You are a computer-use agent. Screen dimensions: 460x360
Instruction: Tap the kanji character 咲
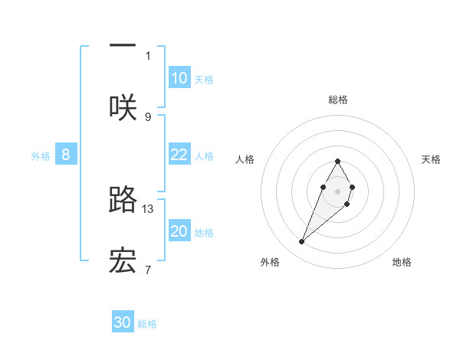point(123,107)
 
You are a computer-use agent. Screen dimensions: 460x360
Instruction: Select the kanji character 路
point(123,199)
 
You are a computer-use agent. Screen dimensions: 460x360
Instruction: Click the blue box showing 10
point(179,78)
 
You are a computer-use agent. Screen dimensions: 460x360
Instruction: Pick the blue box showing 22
point(179,155)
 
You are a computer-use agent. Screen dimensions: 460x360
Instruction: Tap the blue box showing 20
point(179,231)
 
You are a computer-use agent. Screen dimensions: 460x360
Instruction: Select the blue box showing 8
point(66,155)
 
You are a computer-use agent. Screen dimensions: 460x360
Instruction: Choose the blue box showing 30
point(123,322)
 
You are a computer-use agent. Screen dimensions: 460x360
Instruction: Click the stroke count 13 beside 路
point(148,208)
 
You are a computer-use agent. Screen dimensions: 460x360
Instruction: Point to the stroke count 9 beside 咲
point(148,116)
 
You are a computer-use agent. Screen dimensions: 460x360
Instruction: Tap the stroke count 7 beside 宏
point(148,270)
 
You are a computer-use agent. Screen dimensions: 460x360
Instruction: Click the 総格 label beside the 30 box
point(147,324)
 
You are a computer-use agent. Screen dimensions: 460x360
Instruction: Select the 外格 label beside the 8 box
point(41,156)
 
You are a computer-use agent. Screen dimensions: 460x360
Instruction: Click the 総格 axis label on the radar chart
point(337,100)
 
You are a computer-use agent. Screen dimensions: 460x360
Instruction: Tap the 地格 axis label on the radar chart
point(402,262)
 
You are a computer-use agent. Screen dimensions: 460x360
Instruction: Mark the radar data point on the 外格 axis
point(301,242)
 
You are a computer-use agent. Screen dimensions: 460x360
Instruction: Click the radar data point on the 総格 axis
point(337,161)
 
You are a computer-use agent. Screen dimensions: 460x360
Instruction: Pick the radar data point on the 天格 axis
point(352,187)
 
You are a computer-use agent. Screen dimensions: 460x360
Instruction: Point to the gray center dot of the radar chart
point(337,191)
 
